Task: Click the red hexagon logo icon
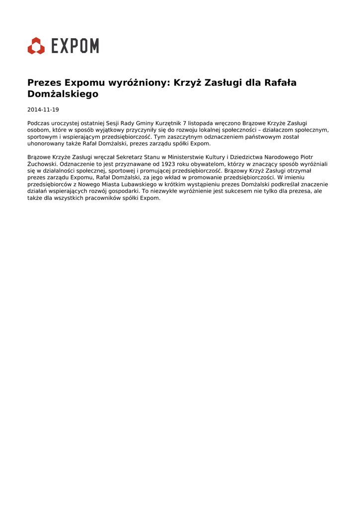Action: (x=36, y=46)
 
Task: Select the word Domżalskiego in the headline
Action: (x=63, y=94)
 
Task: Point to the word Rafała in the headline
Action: (x=280, y=83)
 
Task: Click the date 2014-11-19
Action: (x=43, y=110)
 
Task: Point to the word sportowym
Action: (x=42, y=136)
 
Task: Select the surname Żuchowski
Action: (x=43, y=164)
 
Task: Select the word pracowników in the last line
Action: (x=98, y=197)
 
